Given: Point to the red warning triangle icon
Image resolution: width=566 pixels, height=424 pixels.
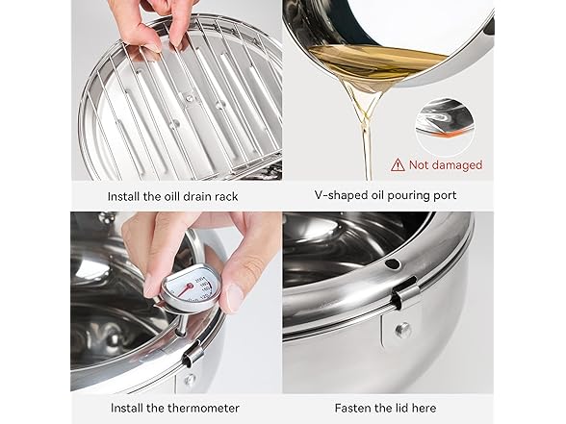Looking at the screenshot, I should click(398, 164).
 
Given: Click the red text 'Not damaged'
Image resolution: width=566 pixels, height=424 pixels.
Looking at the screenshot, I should click(446, 165).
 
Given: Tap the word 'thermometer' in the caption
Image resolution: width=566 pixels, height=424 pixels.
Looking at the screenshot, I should click(201, 408).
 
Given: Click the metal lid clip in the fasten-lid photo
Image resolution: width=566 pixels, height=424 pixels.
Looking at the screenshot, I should click(403, 293).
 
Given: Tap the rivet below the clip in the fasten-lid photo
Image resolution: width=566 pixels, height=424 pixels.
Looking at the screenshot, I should click(402, 330).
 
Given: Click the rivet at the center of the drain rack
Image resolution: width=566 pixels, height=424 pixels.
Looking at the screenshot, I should click(189, 97).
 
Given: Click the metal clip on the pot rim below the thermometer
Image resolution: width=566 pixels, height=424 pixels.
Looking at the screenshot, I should click(193, 353).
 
